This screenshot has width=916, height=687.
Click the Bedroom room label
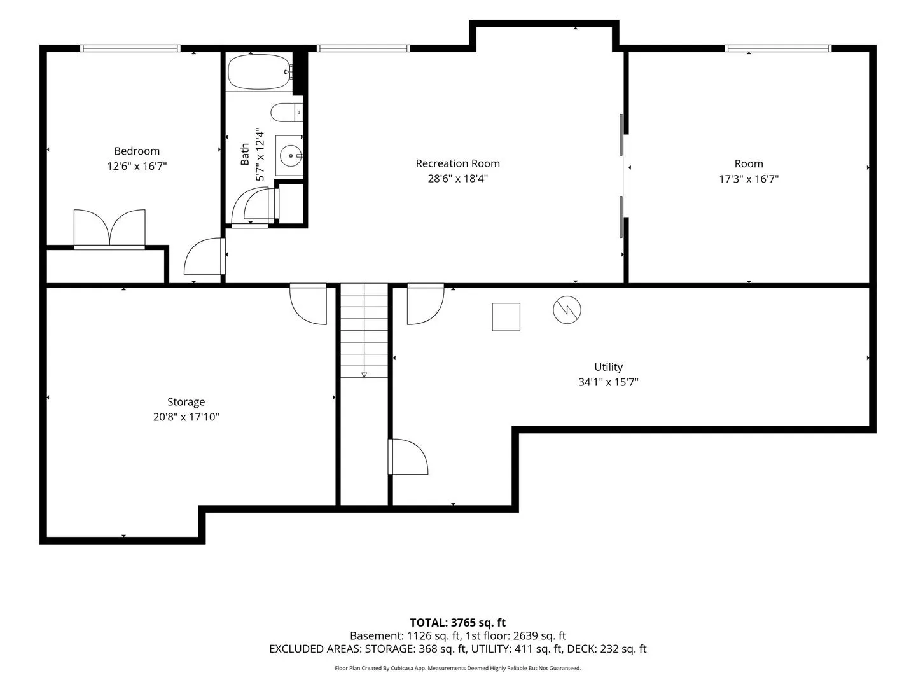[137, 151]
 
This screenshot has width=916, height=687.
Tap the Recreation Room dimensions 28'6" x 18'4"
[458, 179]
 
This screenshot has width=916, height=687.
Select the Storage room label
[186, 402]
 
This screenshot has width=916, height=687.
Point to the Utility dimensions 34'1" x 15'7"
[609, 382]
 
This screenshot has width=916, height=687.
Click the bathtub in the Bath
[259, 72]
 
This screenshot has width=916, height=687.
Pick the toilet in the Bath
[287, 113]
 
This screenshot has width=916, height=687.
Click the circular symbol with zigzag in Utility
[567, 310]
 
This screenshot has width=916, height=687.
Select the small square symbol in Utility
[506, 317]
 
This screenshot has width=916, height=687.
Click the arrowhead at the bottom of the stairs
[364, 375]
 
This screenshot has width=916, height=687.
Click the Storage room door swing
[308, 304]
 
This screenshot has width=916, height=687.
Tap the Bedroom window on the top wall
[130, 48]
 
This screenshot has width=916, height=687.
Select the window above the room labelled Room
[778, 48]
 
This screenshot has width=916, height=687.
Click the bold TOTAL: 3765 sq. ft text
[458, 622]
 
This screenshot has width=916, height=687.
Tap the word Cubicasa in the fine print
[402, 668]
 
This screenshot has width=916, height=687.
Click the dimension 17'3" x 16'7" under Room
[749, 179]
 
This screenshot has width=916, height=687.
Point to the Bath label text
[244, 155]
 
